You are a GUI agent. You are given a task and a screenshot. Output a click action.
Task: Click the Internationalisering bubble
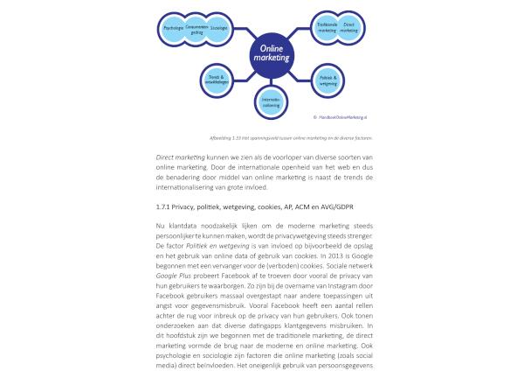click(271, 102)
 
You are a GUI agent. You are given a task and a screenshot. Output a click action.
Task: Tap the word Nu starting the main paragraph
click(161, 227)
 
